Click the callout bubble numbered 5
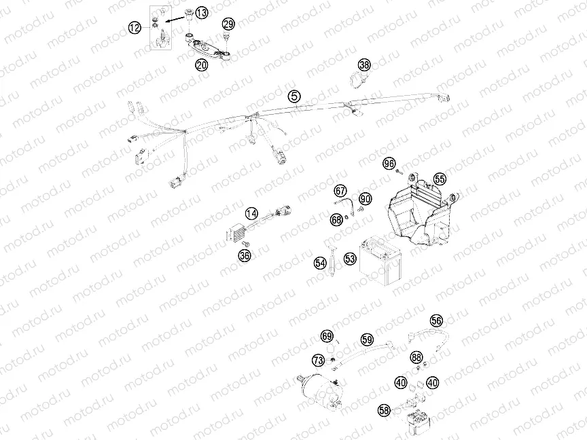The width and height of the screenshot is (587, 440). click(293, 96)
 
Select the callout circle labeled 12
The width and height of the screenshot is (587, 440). click(135, 28)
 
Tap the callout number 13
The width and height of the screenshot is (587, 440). click(202, 13)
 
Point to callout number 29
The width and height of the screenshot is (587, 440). click(229, 24)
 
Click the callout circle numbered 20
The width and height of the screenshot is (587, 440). click(202, 65)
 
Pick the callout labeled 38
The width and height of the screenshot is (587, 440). click(365, 65)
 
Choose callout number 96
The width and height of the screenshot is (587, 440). click(389, 164)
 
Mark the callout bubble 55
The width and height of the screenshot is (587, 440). click(440, 179)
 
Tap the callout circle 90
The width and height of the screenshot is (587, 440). click(366, 199)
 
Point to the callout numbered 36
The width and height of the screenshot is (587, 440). click(245, 255)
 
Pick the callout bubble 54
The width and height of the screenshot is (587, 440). click(320, 261)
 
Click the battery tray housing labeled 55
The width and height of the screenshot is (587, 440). click(418, 214)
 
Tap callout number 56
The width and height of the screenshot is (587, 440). click(436, 320)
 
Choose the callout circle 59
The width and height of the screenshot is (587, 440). click(368, 339)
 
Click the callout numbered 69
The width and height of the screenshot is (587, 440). click(327, 336)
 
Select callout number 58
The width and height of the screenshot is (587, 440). click(385, 410)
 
